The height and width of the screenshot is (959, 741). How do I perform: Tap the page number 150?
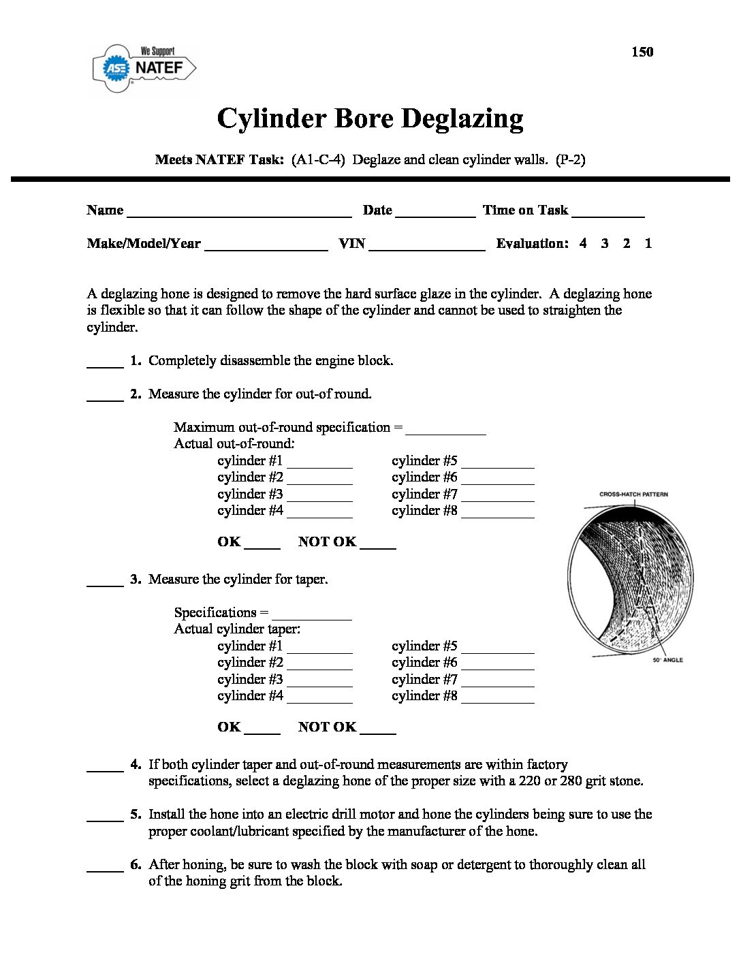coord(642,52)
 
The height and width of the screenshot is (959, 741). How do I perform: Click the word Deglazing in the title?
coord(462,119)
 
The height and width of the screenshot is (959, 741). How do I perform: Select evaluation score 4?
coord(583,243)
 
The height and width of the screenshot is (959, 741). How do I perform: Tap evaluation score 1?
coord(648,243)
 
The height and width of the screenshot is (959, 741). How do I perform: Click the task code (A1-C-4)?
coord(318,160)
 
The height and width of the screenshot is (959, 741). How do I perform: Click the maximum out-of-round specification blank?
coord(445,430)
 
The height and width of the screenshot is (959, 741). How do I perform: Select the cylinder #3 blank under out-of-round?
coord(319,497)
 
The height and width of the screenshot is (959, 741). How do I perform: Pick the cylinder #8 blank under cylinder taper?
coord(497,699)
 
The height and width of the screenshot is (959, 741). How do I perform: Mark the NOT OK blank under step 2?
coord(378,545)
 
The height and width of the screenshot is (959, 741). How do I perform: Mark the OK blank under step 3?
coord(262,730)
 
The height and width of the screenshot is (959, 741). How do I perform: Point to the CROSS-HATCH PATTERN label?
coord(633,494)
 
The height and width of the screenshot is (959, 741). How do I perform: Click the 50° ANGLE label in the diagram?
coord(667,660)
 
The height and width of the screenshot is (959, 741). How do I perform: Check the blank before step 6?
coord(105,868)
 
